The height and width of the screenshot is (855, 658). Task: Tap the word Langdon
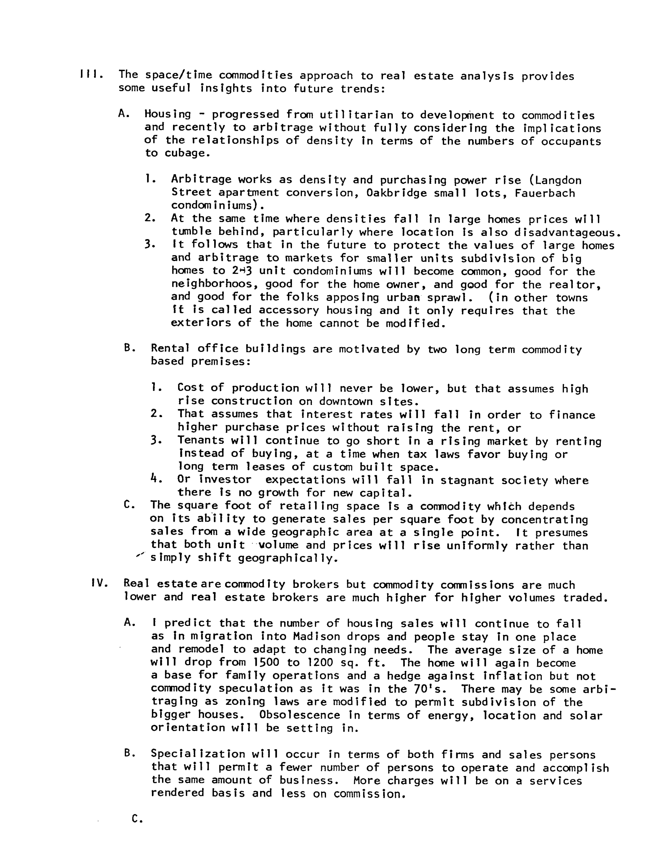(558, 180)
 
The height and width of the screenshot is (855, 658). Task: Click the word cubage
(184, 153)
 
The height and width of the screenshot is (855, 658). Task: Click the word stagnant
(464, 480)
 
